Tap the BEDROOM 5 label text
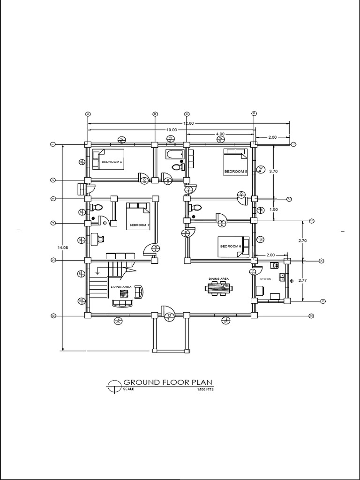point(235,172)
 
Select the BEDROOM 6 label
point(230,247)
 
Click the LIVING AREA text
point(121,286)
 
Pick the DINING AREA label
point(218,278)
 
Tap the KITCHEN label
point(265,279)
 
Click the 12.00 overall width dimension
point(188,123)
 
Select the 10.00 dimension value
point(171,130)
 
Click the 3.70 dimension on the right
point(274,172)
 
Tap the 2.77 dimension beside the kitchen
point(302,280)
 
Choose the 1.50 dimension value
point(274,210)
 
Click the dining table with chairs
point(218,288)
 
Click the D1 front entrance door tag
point(169,316)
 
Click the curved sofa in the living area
point(122,303)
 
